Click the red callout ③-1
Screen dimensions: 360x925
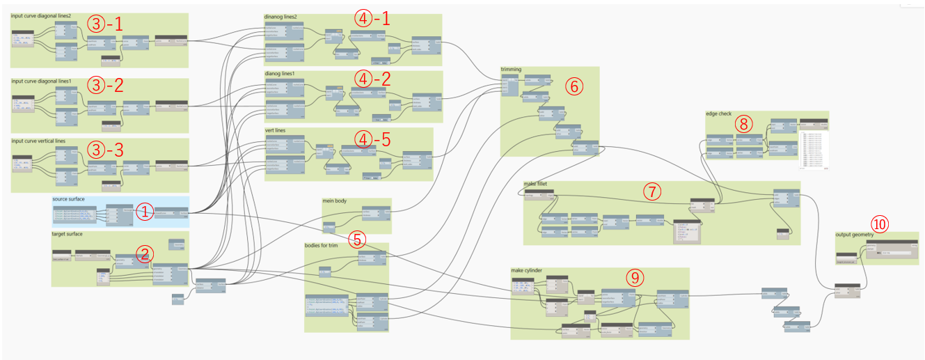click(105, 24)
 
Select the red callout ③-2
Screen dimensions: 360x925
click(105, 86)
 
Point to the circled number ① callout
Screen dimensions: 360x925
click(143, 212)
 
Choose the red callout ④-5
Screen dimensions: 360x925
click(372, 138)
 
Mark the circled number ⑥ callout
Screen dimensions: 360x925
click(573, 86)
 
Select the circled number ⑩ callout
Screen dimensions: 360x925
click(880, 224)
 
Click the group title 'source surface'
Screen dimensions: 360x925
click(68, 199)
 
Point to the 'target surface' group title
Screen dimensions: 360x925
click(67, 235)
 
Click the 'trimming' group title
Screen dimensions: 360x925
click(511, 70)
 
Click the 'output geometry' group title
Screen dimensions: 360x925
click(853, 235)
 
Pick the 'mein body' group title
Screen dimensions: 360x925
click(333, 201)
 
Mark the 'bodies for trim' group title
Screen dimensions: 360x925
click(322, 245)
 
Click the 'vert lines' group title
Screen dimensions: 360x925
click(275, 130)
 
